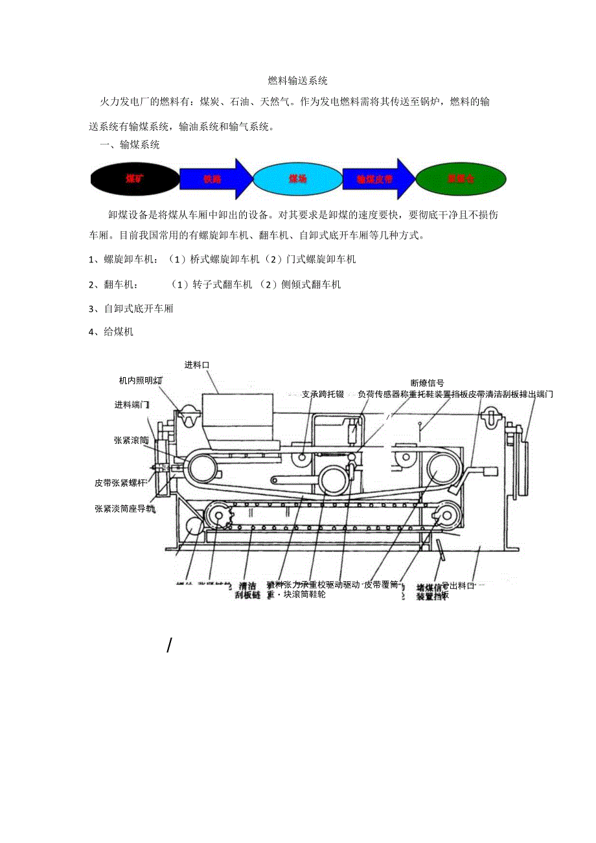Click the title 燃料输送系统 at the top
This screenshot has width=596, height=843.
[x=298, y=81]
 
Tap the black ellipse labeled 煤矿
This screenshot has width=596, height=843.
[x=135, y=178]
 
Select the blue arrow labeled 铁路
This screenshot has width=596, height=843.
[x=214, y=179]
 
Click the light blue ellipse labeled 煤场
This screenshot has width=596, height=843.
[x=297, y=178]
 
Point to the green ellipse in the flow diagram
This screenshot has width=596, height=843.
[x=461, y=178]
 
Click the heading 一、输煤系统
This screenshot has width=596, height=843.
[x=130, y=144]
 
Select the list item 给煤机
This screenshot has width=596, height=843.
[x=111, y=332]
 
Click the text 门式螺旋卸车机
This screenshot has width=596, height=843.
[x=321, y=259]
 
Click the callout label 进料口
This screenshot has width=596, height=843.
[x=197, y=365]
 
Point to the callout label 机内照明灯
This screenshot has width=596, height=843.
[x=141, y=380]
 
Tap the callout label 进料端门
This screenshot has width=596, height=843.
[x=132, y=405]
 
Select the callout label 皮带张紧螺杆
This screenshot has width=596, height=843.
[x=120, y=483]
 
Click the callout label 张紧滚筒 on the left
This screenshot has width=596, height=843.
[x=131, y=440]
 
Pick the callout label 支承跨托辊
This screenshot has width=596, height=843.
[x=323, y=394]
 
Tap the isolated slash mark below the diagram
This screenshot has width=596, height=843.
[x=169, y=645]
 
